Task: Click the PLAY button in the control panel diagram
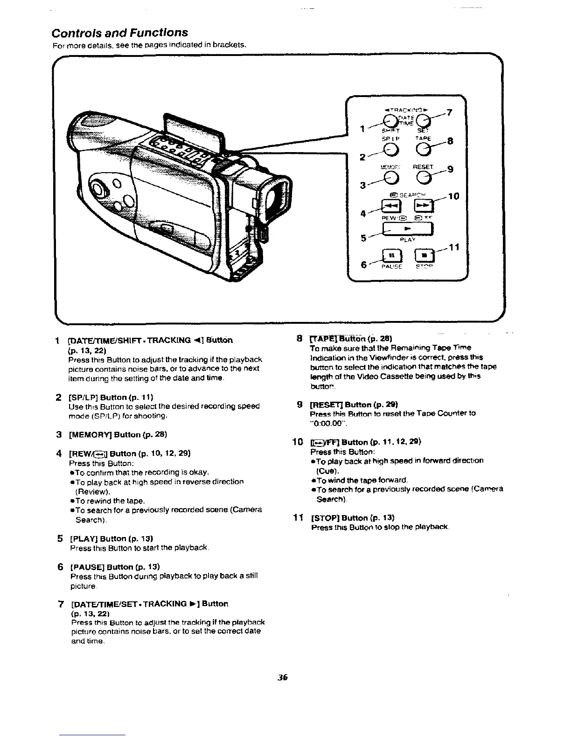coord(408,229)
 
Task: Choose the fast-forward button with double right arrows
coord(424,205)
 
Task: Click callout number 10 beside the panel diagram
coord(453,196)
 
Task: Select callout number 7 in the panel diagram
coord(449,113)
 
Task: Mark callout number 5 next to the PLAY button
coord(363,237)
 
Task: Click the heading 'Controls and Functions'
coord(120,33)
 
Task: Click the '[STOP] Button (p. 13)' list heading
coord(353,517)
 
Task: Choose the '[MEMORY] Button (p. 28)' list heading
coord(118,434)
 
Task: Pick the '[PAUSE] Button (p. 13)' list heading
coord(114,567)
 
